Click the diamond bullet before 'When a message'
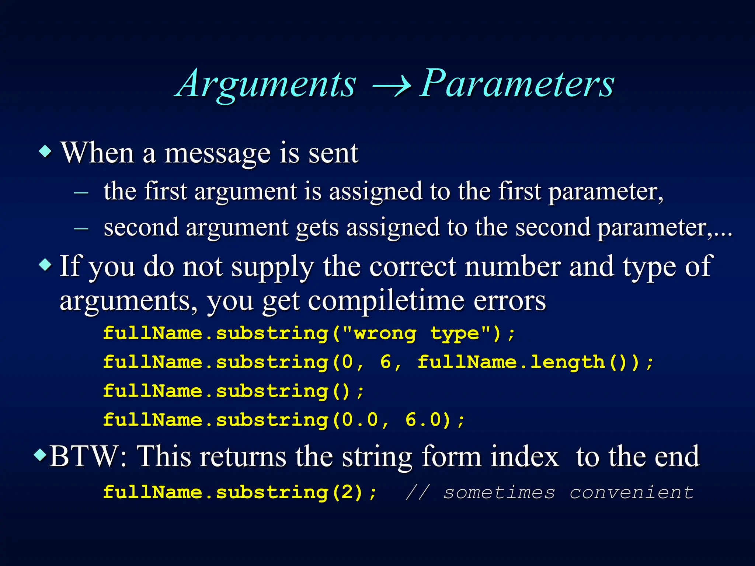(45, 151)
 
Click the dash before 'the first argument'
(81, 192)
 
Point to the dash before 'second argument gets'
(81, 228)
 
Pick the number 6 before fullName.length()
(386, 362)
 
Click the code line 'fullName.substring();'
(233, 391)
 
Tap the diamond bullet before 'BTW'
(40, 455)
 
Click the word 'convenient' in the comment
(632, 493)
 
